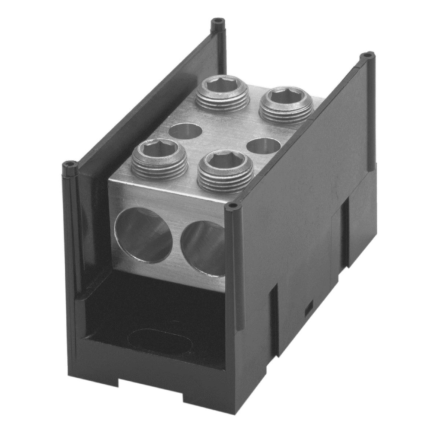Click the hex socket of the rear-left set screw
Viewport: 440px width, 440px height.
[223, 85]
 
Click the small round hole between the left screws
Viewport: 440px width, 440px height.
[185, 131]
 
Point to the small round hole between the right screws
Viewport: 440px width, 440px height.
[264, 146]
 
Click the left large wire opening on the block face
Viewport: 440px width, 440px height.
[144, 235]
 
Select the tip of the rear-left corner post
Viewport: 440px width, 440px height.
[218, 21]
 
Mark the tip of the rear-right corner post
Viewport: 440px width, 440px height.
[367, 55]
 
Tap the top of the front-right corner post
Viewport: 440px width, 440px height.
[232, 207]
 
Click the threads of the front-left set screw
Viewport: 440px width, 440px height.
[159, 170]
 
